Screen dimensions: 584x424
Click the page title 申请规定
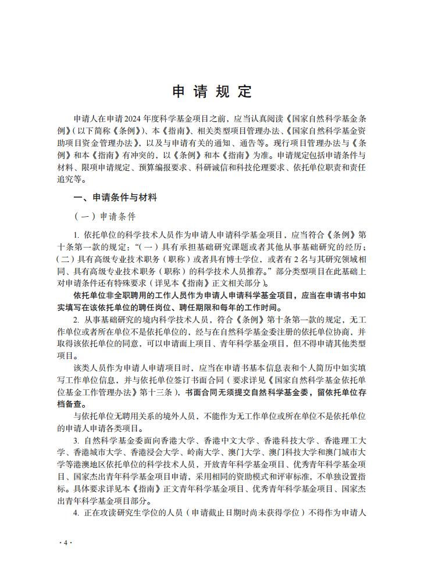[x=212, y=91]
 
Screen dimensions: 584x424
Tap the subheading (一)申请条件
[x=105, y=217]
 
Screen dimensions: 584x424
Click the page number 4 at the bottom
[x=65, y=542]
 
